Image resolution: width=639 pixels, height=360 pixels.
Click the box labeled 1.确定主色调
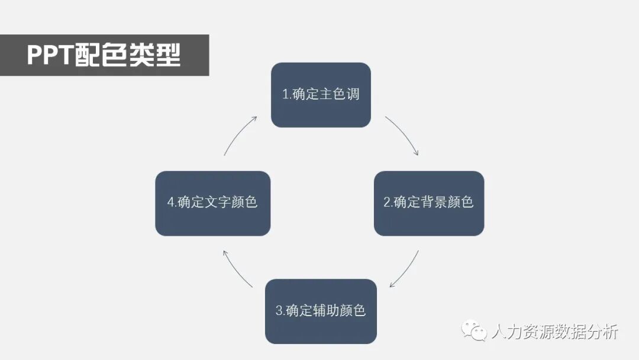point(321,95)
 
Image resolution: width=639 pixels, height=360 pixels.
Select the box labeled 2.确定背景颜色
point(429,203)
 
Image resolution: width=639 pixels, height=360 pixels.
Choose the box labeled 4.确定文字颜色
point(212,203)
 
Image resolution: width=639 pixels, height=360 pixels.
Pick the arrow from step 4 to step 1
point(238,134)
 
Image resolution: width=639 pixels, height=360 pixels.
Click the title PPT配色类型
point(104,56)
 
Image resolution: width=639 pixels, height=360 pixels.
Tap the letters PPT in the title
point(49,56)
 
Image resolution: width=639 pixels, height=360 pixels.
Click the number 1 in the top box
point(285,94)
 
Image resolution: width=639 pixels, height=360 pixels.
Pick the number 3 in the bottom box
point(279,311)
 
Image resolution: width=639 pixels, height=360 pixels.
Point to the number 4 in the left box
point(171,202)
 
